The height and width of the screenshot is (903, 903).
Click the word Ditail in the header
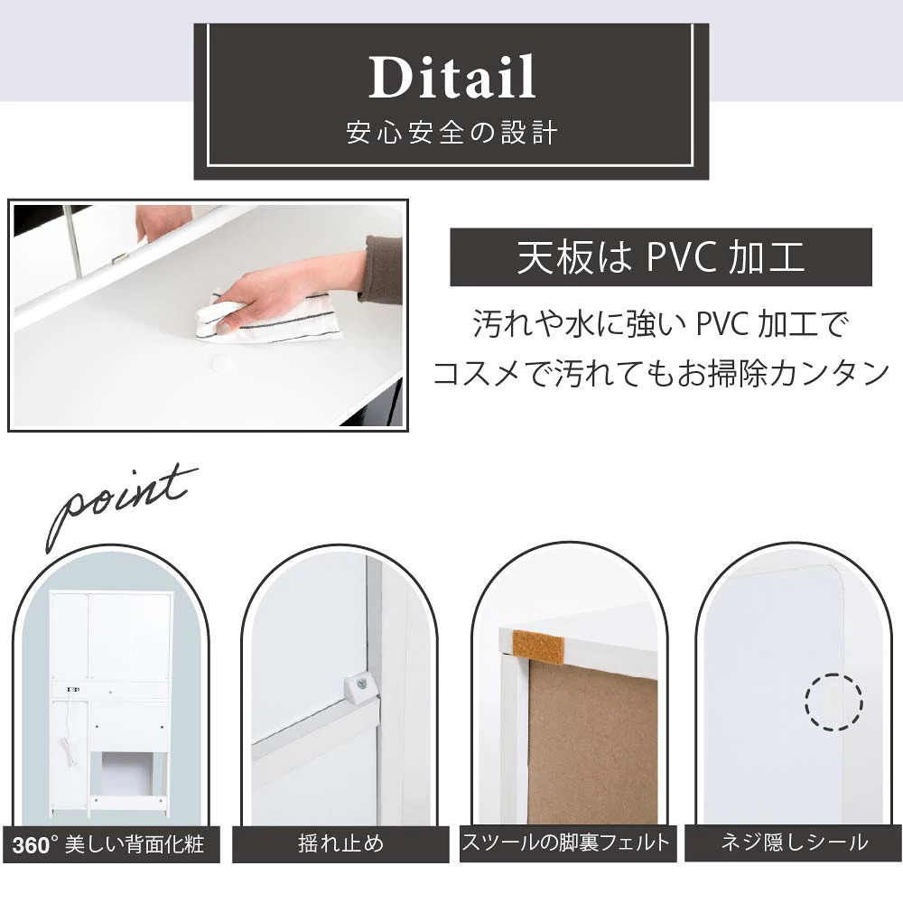[452, 77]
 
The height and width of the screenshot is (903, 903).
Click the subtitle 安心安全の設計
[452, 133]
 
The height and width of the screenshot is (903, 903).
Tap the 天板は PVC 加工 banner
[661, 256]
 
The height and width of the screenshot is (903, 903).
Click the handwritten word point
[121, 505]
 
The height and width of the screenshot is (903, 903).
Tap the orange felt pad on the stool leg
[538, 647]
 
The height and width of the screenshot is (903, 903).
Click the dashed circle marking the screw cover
[833, 702]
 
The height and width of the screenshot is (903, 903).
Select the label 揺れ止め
[340, 844]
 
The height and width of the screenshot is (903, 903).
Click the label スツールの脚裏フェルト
[567, 842]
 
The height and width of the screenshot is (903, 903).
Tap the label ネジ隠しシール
[794, 842]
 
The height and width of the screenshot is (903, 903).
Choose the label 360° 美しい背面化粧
[108, 845]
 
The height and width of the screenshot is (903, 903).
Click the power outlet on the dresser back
[72, 689]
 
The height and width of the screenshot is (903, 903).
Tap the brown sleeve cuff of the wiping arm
[381, 268]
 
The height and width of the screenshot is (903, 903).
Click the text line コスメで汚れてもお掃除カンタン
[661, 374]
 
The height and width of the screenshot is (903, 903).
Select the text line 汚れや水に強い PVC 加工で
[661, 323]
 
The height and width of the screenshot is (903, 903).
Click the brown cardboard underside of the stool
[592, 743]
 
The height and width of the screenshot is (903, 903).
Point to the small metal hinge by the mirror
[119, 258]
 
